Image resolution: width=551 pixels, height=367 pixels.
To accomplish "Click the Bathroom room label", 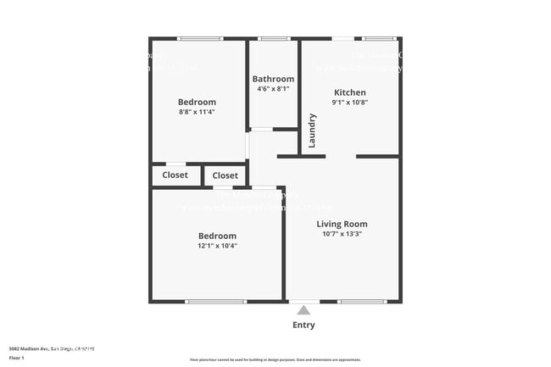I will point(273,79).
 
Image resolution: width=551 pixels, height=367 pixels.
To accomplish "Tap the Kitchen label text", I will point(349,92).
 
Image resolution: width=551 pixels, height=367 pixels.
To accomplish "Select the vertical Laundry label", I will point(312,131).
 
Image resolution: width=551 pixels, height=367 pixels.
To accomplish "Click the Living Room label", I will point(342,224).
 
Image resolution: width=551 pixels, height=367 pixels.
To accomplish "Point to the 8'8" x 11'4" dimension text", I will point(197,111).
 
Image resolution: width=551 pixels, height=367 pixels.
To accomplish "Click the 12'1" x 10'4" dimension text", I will point(218,246).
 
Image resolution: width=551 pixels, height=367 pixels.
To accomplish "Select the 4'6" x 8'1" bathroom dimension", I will point(273,88).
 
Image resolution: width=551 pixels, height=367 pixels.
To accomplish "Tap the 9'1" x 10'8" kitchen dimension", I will point(349,103).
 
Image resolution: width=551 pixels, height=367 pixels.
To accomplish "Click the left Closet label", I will point(175,175).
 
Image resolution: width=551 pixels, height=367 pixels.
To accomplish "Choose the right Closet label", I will point(225,175).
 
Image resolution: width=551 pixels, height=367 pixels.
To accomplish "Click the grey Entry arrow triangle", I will point(303,310).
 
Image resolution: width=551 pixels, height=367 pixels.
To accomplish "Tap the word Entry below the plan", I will point(303,325).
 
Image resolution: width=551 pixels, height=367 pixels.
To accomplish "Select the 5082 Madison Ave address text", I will point(52,348).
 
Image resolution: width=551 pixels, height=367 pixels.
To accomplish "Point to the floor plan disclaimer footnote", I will point(275,359).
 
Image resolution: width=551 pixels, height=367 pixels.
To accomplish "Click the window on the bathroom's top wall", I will point(273,38).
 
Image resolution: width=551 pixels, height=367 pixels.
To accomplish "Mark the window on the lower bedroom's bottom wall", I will point(215,301).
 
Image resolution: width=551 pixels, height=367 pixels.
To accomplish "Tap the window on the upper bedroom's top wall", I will point(200,38).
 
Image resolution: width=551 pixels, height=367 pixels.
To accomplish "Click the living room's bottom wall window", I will point(361,301).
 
